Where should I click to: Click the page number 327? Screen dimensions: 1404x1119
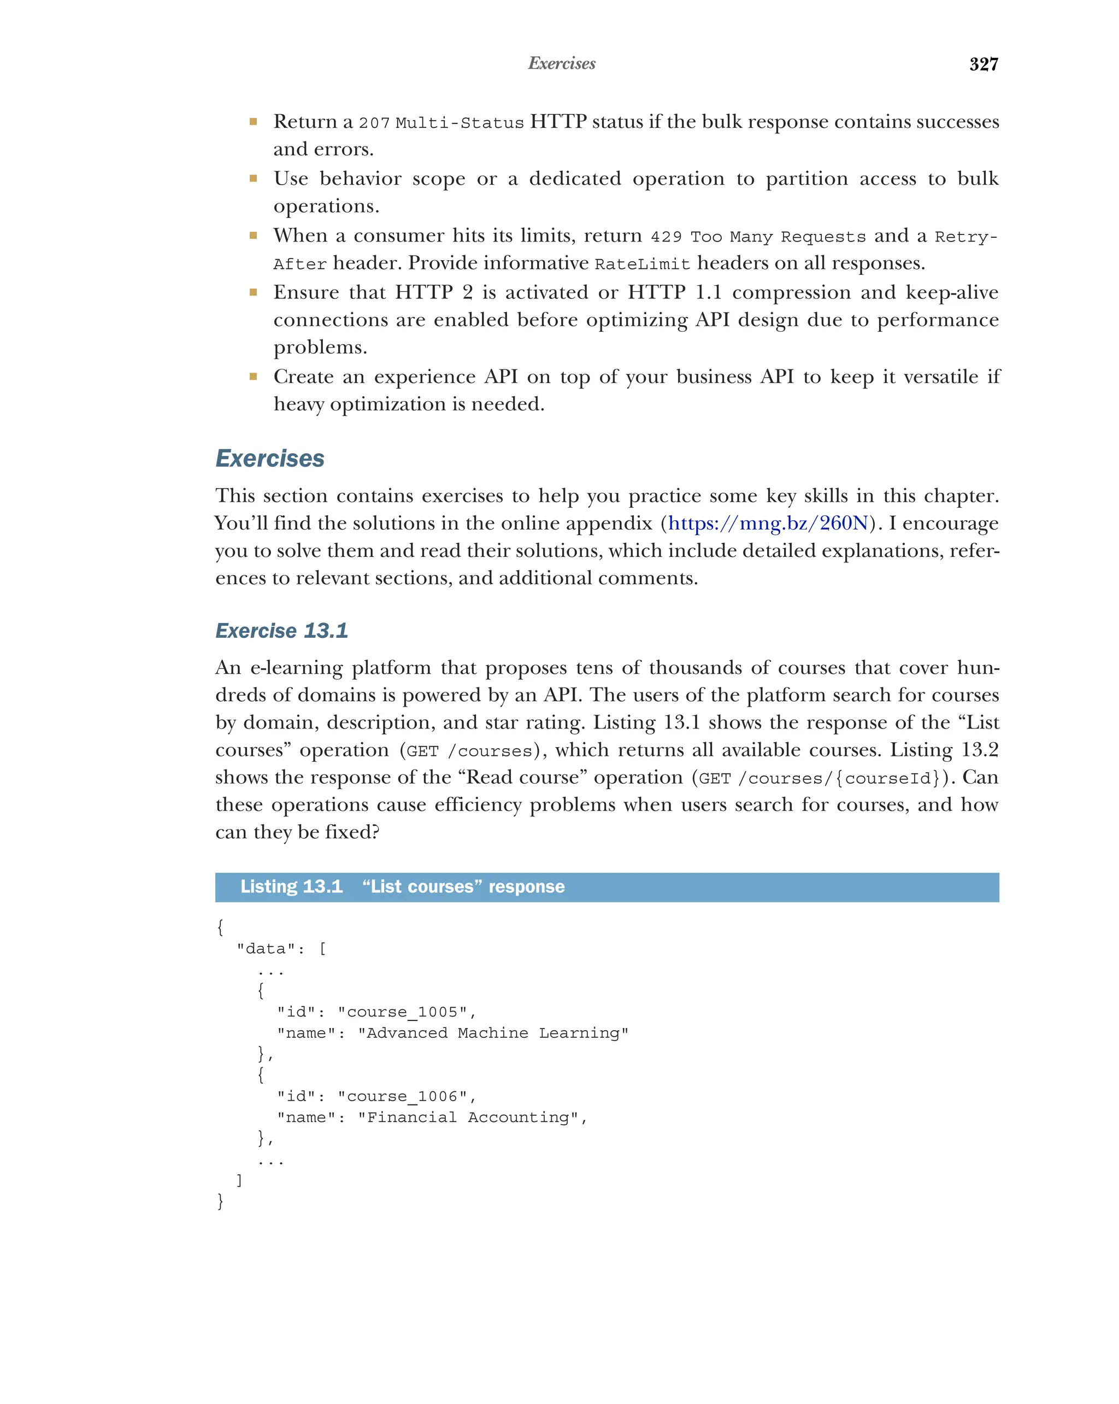(x=983, y=64)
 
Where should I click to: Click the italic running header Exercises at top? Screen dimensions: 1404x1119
(x=561, y=64)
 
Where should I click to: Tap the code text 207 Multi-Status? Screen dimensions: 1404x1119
(x=441, y=123)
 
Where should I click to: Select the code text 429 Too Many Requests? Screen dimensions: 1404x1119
(x=758, y=237)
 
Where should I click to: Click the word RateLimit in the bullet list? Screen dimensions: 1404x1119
(x=642, y=265)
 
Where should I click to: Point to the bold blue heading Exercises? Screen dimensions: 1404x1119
(x=269, y=459)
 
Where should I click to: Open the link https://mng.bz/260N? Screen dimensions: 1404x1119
(x=768, y=524)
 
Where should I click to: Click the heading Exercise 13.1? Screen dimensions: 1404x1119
(x=281, y=630)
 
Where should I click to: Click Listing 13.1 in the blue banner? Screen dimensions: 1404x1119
(x=291, y=887)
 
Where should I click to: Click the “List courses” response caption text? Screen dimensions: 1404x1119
(x=463, y=887)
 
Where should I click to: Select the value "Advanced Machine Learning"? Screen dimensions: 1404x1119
(x=493, y=1033)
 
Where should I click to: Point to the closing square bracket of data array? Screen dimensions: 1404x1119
(x=239, y=1180)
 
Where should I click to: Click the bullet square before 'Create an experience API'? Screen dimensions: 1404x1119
(x=253, y=377)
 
